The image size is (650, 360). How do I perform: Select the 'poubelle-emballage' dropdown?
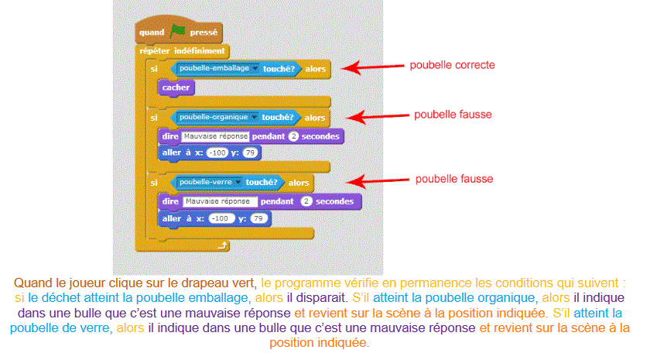click(x=208, y=69)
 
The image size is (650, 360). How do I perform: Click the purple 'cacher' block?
click(x=176, y=87)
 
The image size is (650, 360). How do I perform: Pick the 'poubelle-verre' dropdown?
click(x=207, y=183)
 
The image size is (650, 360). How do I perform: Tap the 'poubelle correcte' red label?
click(x=451, y=65)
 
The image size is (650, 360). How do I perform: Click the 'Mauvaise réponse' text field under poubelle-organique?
click(x=215, y=136)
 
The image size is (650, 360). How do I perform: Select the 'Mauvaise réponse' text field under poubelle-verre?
click(x=220, y=201)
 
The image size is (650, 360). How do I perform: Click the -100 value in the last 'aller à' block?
click(x=221, y=219)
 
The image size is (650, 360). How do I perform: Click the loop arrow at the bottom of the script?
click(x=222, y=245)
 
